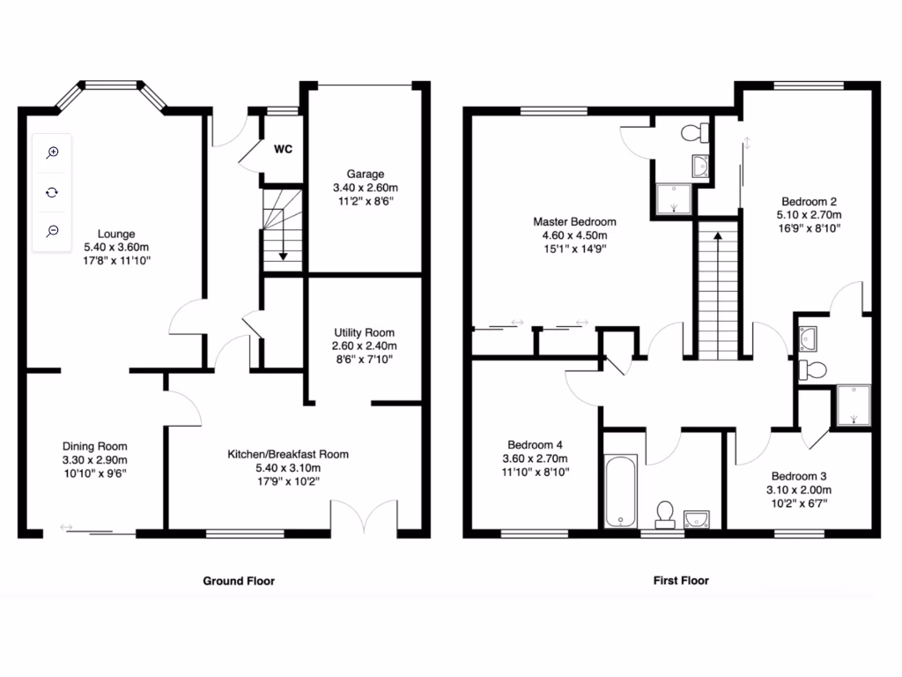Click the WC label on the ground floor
(283, 149)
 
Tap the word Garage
(365, 175)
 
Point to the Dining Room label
(94, 446)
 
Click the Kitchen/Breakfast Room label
(288, 454)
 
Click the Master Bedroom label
(574, 221)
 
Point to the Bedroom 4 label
(536, 444)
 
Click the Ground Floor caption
(239, 581)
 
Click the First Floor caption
(681, 581)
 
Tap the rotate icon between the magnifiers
(53, 191)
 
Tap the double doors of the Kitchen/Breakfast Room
(364, 517)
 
